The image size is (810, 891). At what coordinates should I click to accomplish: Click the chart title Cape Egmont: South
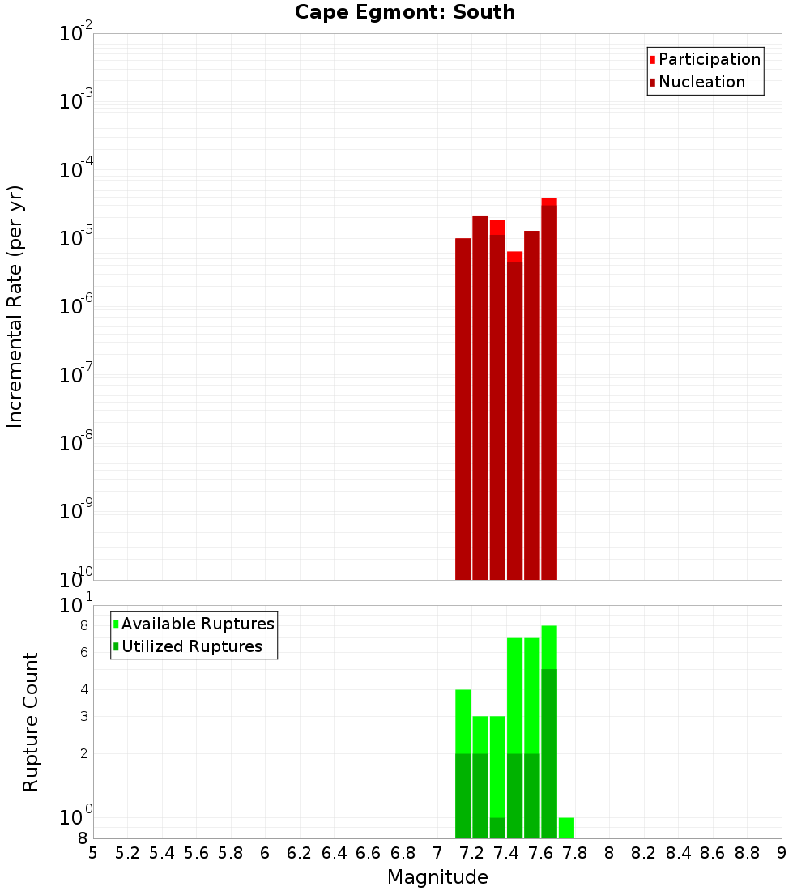405,12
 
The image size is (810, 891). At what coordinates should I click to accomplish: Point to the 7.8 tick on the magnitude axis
575,853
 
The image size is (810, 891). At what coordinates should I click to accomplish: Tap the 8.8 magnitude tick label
747,853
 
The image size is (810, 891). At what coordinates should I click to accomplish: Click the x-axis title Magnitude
437,877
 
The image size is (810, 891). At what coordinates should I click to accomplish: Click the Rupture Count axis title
31,722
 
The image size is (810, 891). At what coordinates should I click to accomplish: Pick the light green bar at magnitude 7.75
566,828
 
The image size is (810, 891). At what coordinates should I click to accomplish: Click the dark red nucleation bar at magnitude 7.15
463,409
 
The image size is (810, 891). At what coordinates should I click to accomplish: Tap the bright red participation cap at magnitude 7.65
549,201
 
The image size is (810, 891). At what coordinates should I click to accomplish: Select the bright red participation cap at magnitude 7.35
497,227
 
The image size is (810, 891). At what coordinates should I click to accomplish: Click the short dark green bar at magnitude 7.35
497,828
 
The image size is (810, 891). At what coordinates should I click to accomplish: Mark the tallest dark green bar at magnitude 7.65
549,753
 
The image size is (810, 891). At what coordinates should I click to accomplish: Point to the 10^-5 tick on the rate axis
76,238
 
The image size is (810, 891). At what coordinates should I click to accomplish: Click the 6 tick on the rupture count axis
83,652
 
